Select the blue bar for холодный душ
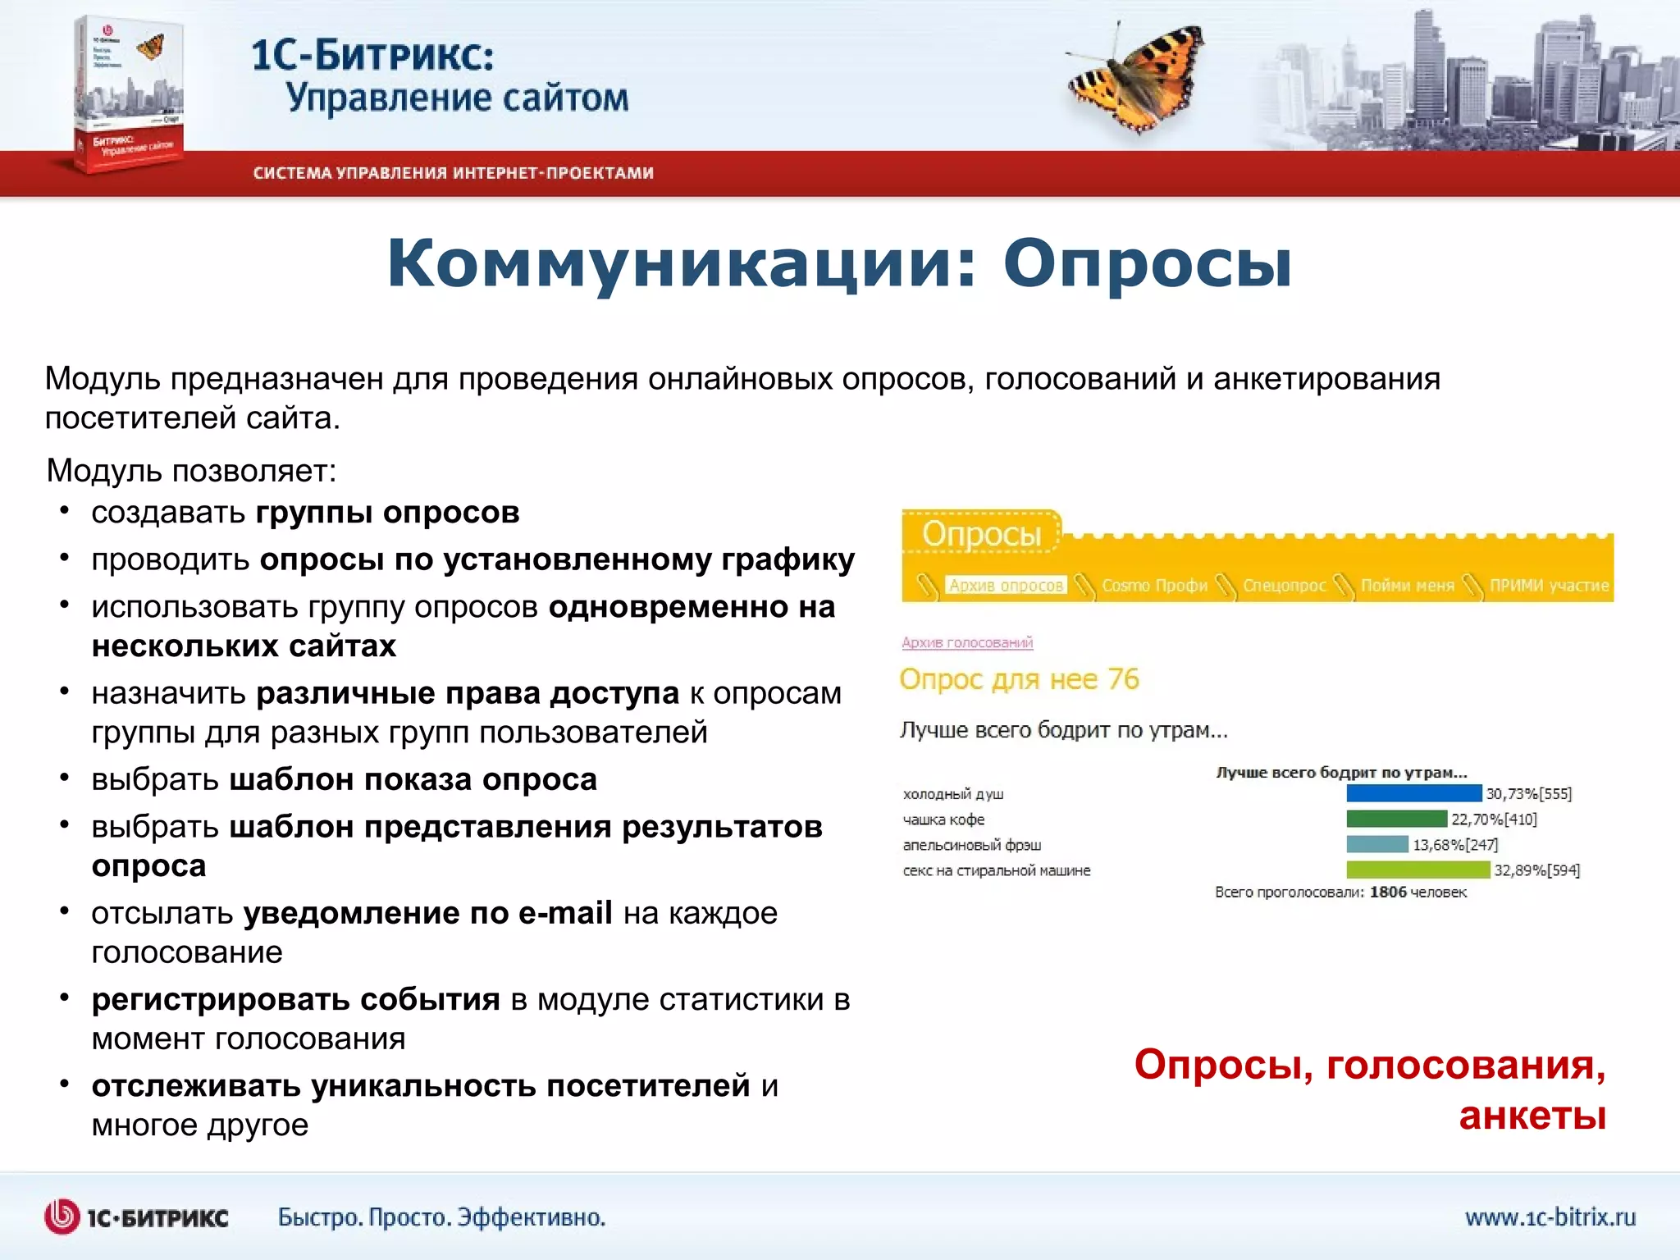pos(1413,793)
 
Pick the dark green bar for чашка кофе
pos(1396,819)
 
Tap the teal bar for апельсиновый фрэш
pos(1376,844)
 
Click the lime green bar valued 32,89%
pos(1417,870)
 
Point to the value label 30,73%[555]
pos(1528,793)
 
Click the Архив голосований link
pos(967,642)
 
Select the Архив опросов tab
pos(1006,585)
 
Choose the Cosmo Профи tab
pos(1154,585)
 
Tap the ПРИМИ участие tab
pos(1549,585)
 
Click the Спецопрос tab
pos(1284,585)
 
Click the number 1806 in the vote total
pos(1388,892)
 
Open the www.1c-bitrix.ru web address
pos(1550,1217)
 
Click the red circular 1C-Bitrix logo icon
pos(62,1217)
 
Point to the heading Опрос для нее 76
pos(1019,679)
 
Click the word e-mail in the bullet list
pos(565,913)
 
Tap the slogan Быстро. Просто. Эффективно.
pos(441,1217)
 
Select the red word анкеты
pos(1532,1116)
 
